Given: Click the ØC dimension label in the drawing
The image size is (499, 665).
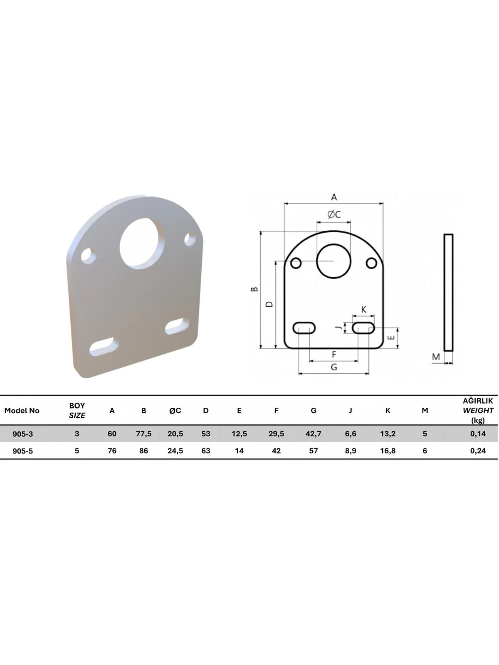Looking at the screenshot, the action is [x=334, y=214].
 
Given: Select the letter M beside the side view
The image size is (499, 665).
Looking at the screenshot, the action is [x=436, y=357].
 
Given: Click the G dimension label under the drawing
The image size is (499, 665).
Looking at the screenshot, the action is [x=334, y=367].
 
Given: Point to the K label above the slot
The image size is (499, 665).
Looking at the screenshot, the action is [x=364, y=309].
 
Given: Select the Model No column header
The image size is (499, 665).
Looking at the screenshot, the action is [x=22, y=411].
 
